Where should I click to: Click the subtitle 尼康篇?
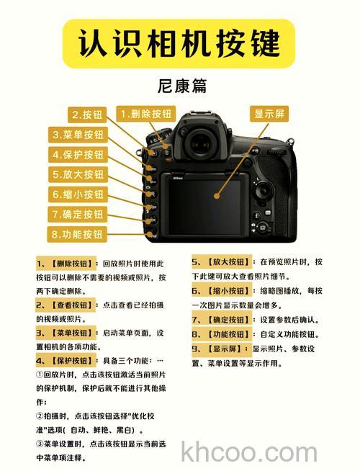[181, 87]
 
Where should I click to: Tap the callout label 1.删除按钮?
[146, 114]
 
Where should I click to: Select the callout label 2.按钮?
[88, 115]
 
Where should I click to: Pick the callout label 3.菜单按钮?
[78, 135]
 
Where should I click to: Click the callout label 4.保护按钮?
[78, 154]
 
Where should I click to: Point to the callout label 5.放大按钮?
[78, 174]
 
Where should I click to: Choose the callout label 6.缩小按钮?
[78, 194]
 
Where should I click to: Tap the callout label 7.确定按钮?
[78, 214]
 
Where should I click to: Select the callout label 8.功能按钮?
[78, 234]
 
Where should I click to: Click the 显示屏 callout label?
[269, 115]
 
